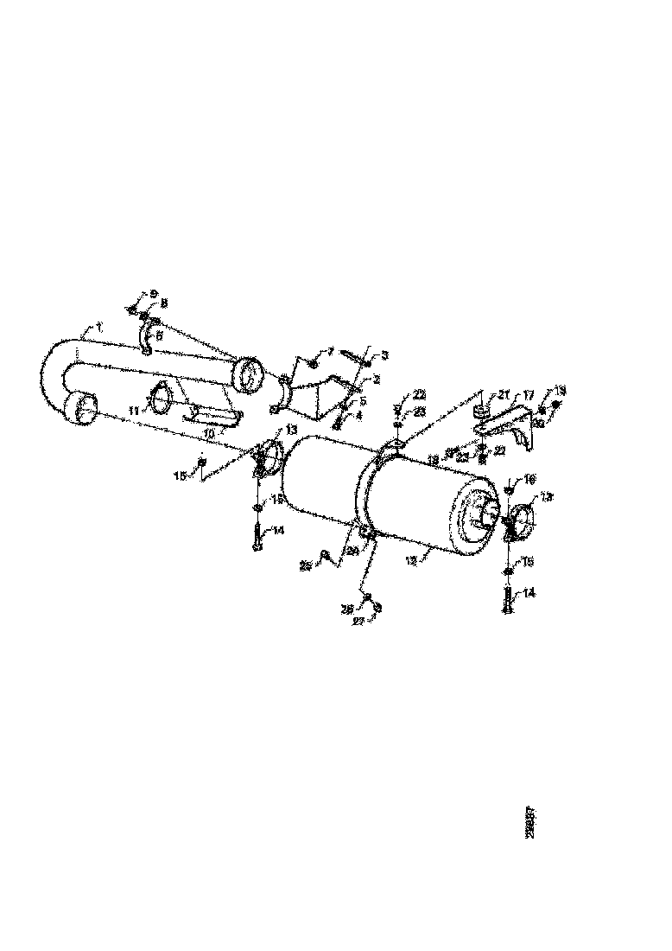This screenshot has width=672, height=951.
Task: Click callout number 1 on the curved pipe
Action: pyautogui.click(x=100, y=327)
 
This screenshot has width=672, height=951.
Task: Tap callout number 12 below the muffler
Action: pyautogui.click(x=412, y=560)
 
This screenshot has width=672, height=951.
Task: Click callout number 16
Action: pyautogui.click(x=529, y=478)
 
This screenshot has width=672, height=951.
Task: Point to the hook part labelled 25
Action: pyautogui.click(x=326, y=555)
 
